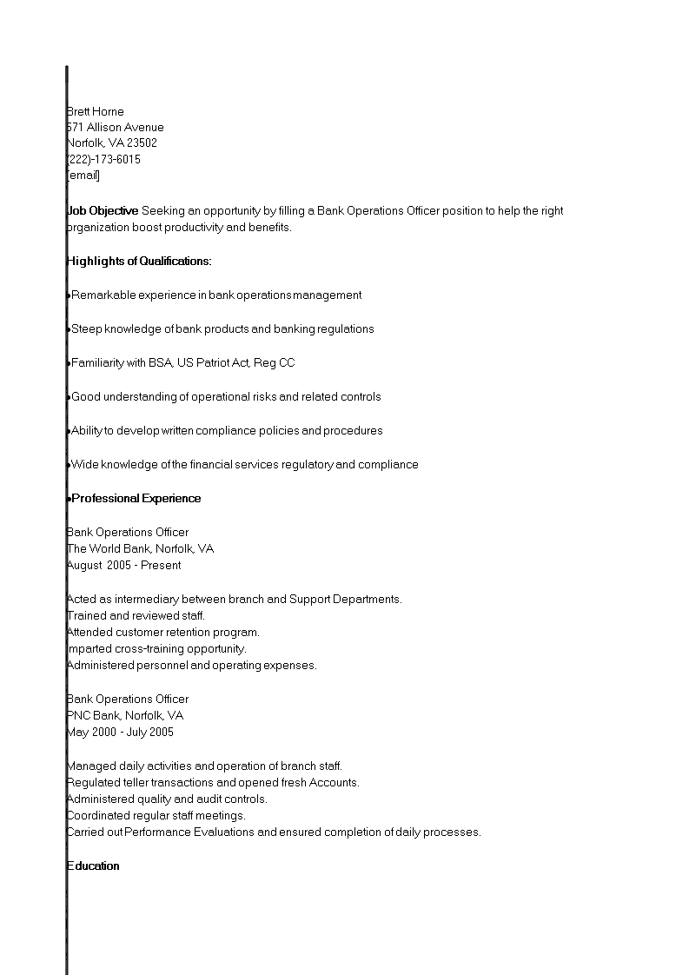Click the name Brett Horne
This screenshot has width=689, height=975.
96,111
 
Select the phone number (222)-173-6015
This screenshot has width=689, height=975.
103,160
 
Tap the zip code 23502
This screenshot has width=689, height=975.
142,143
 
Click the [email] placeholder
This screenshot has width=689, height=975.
83,176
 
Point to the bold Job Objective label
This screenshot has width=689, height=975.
103,210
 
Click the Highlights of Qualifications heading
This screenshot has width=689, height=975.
139,261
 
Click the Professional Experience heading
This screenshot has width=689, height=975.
136,498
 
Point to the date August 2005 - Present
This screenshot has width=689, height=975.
123,565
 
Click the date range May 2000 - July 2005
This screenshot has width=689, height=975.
120,732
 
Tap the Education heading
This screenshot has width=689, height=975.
93,866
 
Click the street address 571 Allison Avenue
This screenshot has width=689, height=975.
115,127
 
